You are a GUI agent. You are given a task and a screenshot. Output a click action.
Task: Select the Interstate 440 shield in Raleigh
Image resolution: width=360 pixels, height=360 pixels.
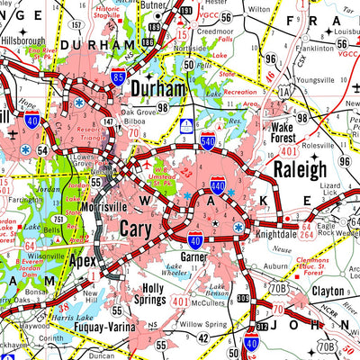[x=218, y=187]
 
